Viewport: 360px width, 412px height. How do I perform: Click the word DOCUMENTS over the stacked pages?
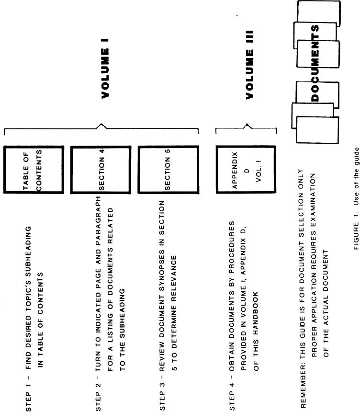315,62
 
